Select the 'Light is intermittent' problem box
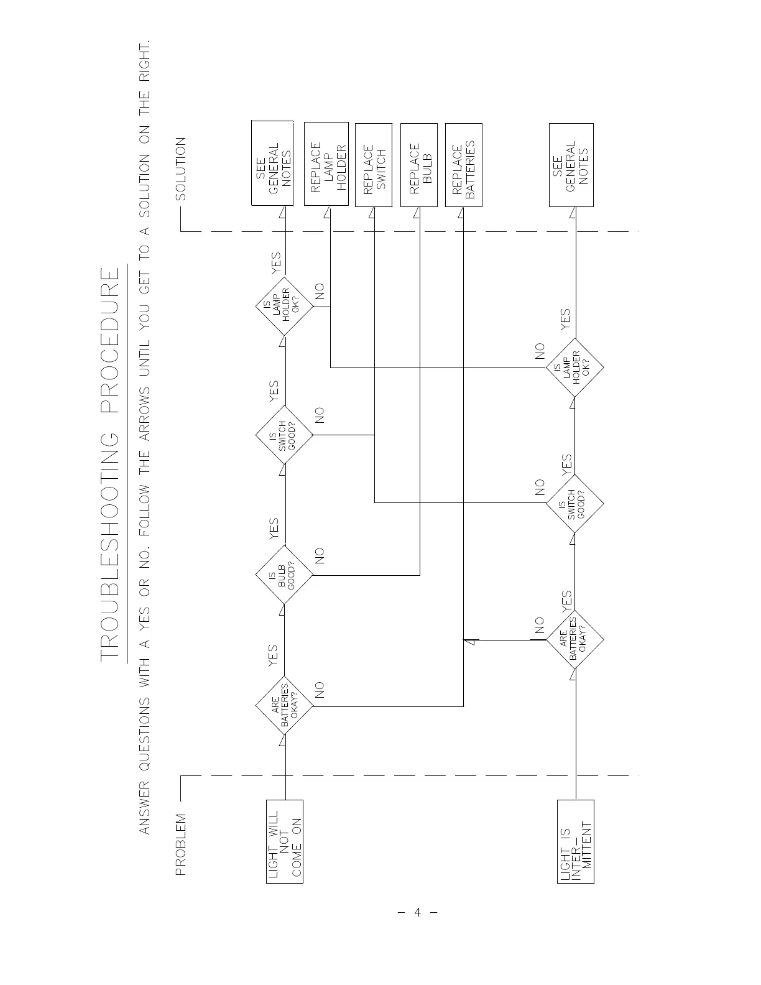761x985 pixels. (x=576, y=841)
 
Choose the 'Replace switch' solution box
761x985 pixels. (x=374, y=165)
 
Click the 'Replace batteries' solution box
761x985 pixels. (x=464, y=165)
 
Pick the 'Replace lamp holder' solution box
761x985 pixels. (x=326, y=165)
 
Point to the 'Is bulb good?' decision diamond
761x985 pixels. (x=284, y=575)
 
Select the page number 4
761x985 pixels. (x=418, y=913)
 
